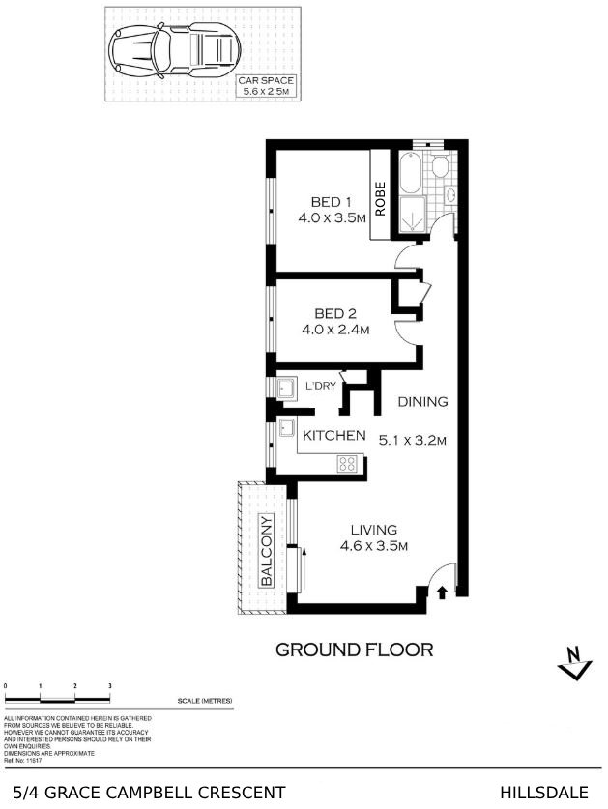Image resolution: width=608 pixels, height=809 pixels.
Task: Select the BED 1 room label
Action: pos(331,202)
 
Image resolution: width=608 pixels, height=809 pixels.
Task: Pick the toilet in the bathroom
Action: pos(441,168)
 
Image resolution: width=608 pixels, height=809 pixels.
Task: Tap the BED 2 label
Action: pos(336,313)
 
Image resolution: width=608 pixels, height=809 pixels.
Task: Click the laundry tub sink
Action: pos(287,389)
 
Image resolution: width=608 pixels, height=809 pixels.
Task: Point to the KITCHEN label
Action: pos(334,436)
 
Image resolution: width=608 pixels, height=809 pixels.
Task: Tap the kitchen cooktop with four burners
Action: pos(346,463)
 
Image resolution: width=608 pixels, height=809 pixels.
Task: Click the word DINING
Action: pos(421,402)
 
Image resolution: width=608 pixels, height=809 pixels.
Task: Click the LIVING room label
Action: pos(373,529)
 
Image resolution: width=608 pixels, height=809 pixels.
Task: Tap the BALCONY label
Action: pos(266,551)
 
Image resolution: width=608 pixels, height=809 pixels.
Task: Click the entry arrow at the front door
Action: pos(443,592)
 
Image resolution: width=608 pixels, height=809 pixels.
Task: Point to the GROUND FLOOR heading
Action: pos(354,650)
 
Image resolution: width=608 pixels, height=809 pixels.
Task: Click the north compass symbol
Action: pos(576,664)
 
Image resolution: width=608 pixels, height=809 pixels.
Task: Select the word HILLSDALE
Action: pos(544,793)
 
